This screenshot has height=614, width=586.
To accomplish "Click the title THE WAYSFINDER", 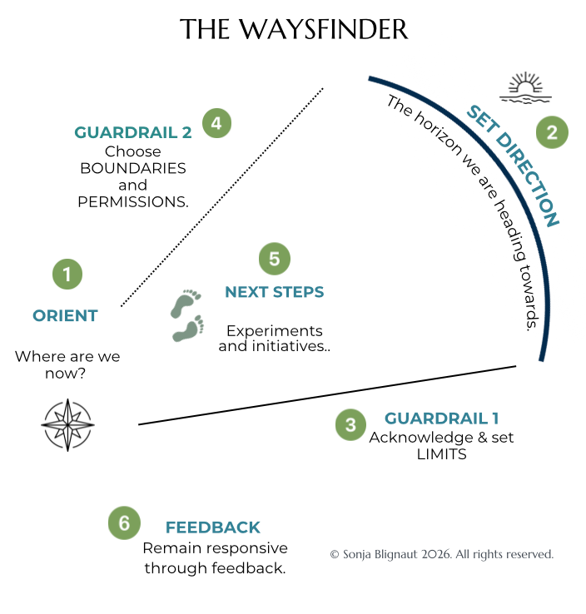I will [294, 30].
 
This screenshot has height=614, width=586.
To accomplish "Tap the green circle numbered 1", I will [67, 274].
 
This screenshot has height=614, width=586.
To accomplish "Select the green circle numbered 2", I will [551, 131].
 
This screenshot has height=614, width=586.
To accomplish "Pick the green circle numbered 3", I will [350, 425].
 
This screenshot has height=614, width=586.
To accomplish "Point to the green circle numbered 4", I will [216, 124].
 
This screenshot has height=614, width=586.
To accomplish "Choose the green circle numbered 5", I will [275, 259].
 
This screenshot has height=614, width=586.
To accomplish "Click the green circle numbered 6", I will [124, 523].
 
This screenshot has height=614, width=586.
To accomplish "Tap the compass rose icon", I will [67, 424].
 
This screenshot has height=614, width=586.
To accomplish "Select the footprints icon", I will [187, 315].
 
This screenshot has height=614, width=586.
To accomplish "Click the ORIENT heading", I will [65, 315].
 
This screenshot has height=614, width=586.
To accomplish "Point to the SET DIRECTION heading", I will [513, 166].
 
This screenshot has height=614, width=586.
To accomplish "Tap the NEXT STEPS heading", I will [275, 292].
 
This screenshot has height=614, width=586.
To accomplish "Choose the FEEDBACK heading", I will [213, 527].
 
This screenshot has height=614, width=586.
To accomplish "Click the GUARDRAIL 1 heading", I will [441, 418].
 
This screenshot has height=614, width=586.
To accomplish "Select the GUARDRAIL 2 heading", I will [133, 132].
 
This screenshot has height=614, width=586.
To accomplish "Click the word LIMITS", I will [442, 455].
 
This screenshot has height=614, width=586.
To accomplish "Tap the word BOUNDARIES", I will [133, 168].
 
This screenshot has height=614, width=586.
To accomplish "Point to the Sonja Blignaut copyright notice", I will [441, 554].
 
